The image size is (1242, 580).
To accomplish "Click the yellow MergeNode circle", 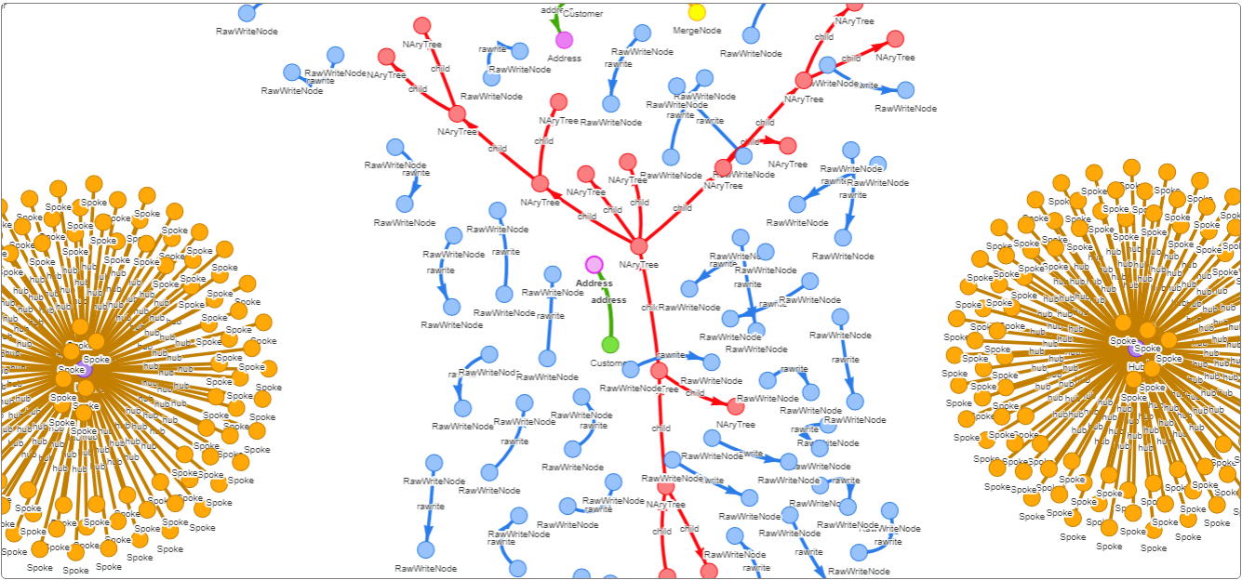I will pos(697,12).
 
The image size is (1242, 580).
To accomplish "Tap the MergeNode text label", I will pos(697,31).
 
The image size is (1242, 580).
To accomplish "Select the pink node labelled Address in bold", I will pos(594,265).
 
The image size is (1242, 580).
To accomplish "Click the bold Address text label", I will pos(594,283).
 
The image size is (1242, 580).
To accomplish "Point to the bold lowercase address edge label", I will pos(608,300).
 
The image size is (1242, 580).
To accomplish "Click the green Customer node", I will pos(610,345).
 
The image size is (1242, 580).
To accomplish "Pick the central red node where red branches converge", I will pos(638,246).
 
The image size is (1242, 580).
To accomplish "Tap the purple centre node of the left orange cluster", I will pos(85,370).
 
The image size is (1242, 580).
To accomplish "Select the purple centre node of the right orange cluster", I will pos(1136,349).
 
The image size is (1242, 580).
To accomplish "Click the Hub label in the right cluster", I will pos(1136,367).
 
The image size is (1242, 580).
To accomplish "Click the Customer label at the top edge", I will pos(583,14).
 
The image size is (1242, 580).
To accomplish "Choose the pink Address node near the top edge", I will pos(564,40).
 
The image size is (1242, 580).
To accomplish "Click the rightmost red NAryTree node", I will pos(895,39).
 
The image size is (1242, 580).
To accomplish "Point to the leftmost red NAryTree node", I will pos(386,57).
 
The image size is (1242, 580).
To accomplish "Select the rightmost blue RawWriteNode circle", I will pos(905,90).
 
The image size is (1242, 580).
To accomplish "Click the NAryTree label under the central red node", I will pos(638,265).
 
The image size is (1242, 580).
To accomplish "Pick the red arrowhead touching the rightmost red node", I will pos(880,44).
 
